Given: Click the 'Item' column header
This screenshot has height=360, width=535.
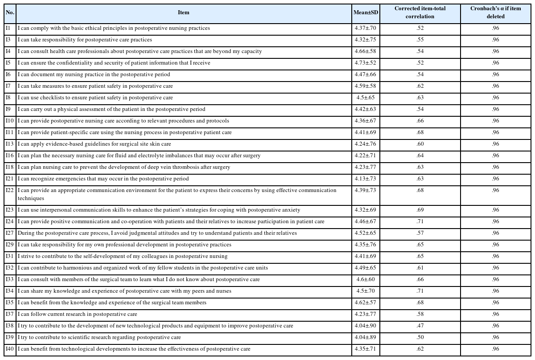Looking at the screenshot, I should [x=184, y=12].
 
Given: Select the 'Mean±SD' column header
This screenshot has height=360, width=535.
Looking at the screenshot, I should [x=366, y=12].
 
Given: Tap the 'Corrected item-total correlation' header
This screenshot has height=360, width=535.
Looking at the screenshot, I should [x=420, y=12].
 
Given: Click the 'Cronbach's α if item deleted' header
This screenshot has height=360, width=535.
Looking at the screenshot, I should [x=495, y=12].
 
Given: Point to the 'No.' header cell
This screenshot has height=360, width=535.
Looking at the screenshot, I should [x=10, y=12].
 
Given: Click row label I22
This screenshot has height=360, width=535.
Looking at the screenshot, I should [x=10, y=190].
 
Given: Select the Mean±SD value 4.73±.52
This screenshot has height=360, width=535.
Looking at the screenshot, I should [x=366, y=63].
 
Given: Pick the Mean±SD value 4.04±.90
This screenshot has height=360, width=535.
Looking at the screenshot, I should [x=366, y=326].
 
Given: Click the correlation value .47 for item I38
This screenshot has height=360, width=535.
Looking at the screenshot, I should [x=420, y=326].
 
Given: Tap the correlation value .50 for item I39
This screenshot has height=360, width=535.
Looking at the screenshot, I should [x=420, y=337].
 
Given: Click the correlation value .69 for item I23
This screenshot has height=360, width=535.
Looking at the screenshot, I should [x=420, y=210].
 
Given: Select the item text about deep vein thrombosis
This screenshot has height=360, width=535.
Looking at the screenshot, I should [x=124, y=167].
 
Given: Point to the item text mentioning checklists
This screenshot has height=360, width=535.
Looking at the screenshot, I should [x=95, y=98].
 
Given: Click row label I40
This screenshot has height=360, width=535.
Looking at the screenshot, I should [x=10, y=349].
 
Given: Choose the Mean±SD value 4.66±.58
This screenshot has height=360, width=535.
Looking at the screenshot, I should [x=366, y=51].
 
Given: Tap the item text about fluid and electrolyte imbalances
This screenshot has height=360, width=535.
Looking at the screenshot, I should [x=139, y=155].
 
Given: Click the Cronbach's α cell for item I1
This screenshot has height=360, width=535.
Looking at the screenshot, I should [x=495, y=28].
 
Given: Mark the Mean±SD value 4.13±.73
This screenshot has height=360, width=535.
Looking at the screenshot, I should [x=366, y=179].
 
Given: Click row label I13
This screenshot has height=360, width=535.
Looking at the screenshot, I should [x=10, y=144].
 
